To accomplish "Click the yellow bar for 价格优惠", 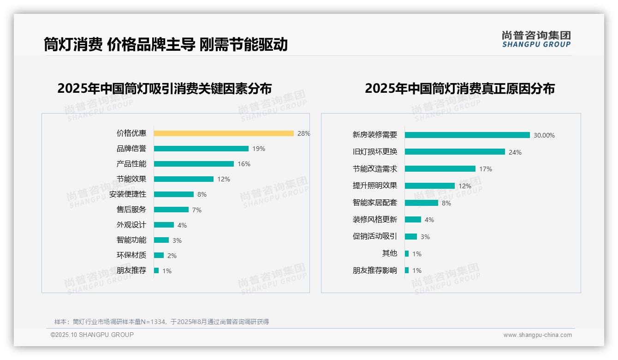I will (x=224, y=133).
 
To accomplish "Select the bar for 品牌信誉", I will (x=201, y=149).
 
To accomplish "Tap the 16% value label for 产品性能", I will (x=244, y=164).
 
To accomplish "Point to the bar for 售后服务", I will (x=171, y=210).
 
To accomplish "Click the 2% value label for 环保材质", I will (x=172, y=256).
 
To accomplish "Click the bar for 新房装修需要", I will (x=467, y=135).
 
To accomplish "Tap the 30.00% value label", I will (x=544, y=136).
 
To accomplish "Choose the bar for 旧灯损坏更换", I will (x=455, y=152).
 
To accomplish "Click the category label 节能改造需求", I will (x=374, y=169).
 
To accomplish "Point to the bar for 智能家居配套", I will (x=422, y=203).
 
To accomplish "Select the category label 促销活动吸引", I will (x=374, y=236).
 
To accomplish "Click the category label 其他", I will (x=389, y=253).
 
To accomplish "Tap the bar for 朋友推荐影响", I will (x=407, y=270).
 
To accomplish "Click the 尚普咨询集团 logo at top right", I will (x=536, y=39).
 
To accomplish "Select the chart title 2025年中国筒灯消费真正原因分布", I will (x=459, y=89).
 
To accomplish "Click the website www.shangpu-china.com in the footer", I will (x=537, y=335).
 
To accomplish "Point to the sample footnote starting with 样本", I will (x=161, y=322).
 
